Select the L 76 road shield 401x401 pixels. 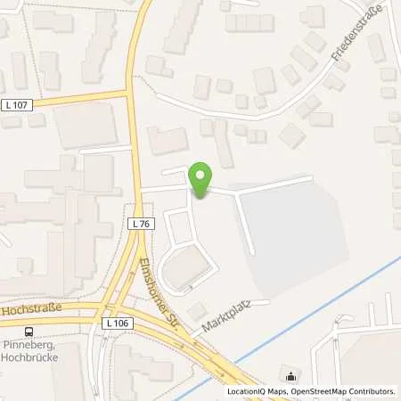click(138, 223)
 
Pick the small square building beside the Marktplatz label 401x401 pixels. click(197, 309)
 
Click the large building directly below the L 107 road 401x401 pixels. click(85, 125)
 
